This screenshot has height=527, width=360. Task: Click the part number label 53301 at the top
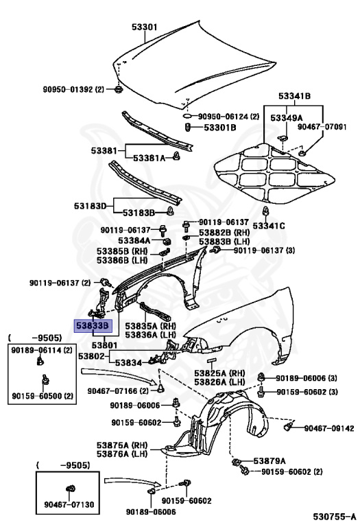click(x=145, y=27)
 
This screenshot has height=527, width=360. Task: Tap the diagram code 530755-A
click(x=332, y=515)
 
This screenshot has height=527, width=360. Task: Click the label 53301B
click(x=217, y=128)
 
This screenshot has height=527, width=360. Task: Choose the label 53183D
click(x=91, y=205)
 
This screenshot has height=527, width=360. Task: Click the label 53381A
click(x=149, y=158)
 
